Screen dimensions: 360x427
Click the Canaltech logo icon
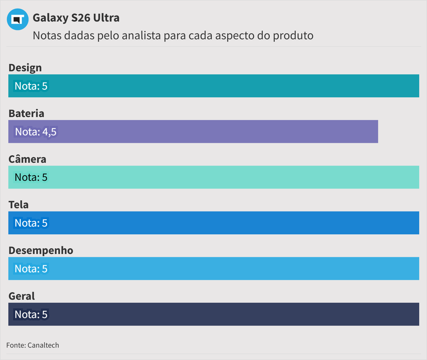pos(18,19)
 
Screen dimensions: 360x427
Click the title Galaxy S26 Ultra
pos(76,18)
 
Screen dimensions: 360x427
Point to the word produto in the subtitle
pos(293,35)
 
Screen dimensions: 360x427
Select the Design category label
pos(25,68)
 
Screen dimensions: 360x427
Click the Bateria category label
pos(26,113)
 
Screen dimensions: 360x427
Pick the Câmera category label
pos(28,159)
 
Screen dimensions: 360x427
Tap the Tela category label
pos(19,204)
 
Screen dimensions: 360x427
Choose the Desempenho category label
pos(41,250)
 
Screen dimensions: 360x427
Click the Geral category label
pos(22,296)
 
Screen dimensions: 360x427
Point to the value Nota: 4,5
pos(35,132)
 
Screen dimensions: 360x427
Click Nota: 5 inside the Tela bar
pos(31,223)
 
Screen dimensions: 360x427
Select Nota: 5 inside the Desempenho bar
pos(31,269)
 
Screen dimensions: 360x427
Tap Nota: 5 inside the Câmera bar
pos(31,177)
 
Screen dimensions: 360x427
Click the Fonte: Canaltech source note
pos(33,345)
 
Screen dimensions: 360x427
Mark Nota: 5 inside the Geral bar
pos(31,314)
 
